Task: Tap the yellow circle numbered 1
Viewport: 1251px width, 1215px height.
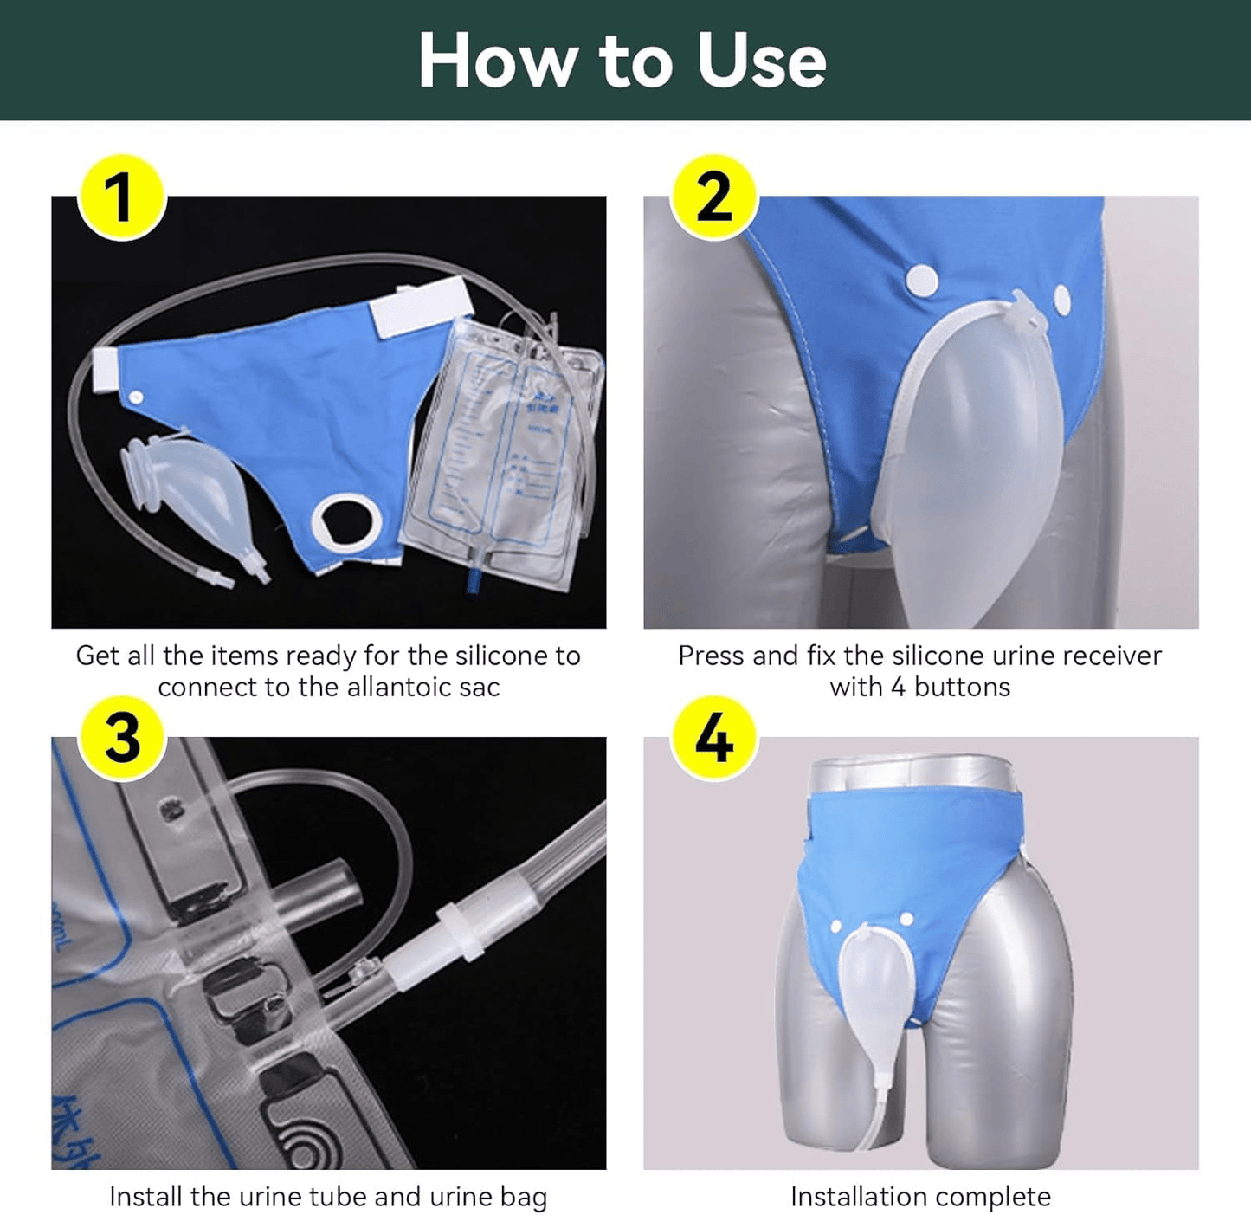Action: click(122, 197)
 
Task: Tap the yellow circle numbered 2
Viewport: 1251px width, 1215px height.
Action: click(714, 197)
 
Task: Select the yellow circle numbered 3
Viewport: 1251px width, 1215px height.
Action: click(122, 739)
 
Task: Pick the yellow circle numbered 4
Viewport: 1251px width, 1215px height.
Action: click(714, 739)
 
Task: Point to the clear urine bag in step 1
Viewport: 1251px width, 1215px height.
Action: click(502, 450)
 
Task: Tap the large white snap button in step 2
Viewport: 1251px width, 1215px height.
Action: click(922, 280)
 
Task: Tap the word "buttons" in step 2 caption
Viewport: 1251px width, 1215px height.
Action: click(962, 688)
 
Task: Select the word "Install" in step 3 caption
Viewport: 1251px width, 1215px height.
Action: click(145, 1197)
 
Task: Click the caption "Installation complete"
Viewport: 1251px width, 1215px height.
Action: click(920, 1197)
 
